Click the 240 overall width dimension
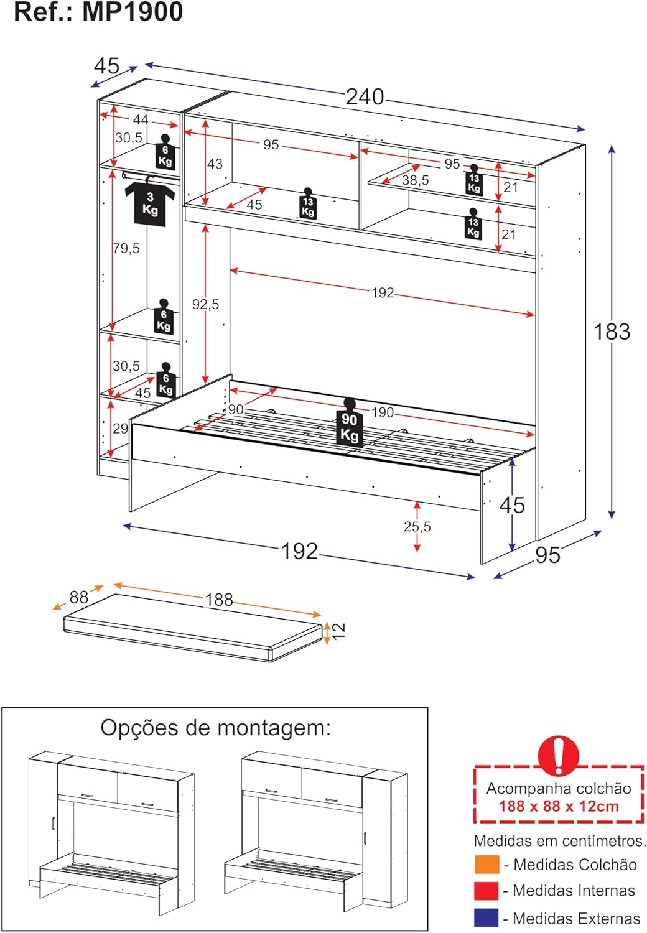point(365,97)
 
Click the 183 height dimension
point(612,332)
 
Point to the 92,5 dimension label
point(205,304)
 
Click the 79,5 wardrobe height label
point(126,248)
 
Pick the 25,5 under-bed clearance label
point(417,526)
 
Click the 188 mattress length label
point(219,600)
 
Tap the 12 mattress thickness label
point(338,631)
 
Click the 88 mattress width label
point(79,597)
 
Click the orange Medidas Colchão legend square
point(486,865)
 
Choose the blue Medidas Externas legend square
point(486,918)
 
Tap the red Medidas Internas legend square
point(486,891)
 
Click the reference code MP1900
point(133,12)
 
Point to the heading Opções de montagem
point(215,727)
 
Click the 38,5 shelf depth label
point(415,180)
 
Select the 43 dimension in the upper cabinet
point(215,164)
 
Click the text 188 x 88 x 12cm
point(558,807)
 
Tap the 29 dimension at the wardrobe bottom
point(120,428)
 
